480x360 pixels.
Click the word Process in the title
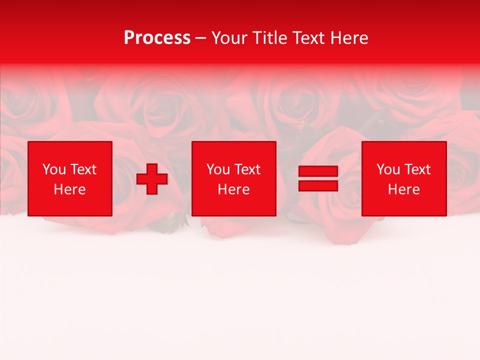click(x=157, y=37)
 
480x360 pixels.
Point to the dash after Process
click(x=201, y=38)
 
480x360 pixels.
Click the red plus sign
click(x=152, y=179)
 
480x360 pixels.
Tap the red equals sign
click(x=318, y=178)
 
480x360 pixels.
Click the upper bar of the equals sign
click(x=318, y=171)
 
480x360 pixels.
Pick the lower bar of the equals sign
click(x=318, y=185)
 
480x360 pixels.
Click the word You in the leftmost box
click(x=54, y=169)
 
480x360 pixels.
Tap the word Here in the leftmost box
click(x=69, y=189)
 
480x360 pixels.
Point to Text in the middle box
click(x=247, y=169)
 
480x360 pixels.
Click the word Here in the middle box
click(x=233, y=189)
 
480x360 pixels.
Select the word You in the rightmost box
click(x=388, y=169)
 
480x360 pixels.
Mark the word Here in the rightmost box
click(x=403, y=189)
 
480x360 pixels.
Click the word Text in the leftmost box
click(x=83, y=169)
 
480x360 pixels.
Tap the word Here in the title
click(x=349, y=37)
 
